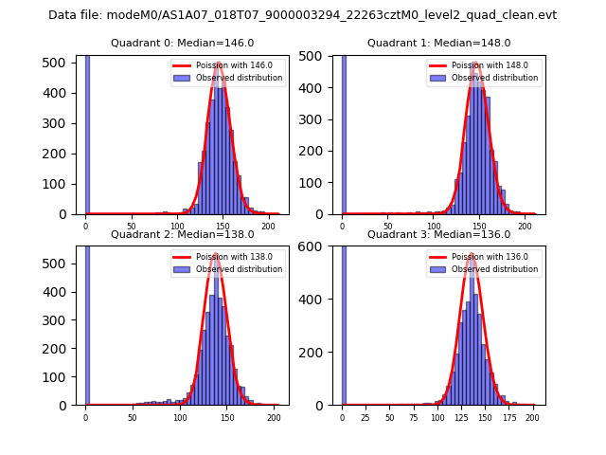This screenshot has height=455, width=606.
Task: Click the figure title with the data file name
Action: coord(302,15)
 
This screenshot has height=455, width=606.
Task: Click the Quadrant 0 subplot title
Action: coord(182,43)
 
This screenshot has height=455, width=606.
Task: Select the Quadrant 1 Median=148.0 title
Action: coord(438,43)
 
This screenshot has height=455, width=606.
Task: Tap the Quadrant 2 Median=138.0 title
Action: coord(182,234)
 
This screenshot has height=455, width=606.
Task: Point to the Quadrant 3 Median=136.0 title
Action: coord(438,234)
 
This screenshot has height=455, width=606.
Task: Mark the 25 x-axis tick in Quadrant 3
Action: coord(365,416)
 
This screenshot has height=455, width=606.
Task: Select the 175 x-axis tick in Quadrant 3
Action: coord(508,416)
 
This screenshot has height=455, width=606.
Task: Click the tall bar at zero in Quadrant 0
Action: coord(87,133)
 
